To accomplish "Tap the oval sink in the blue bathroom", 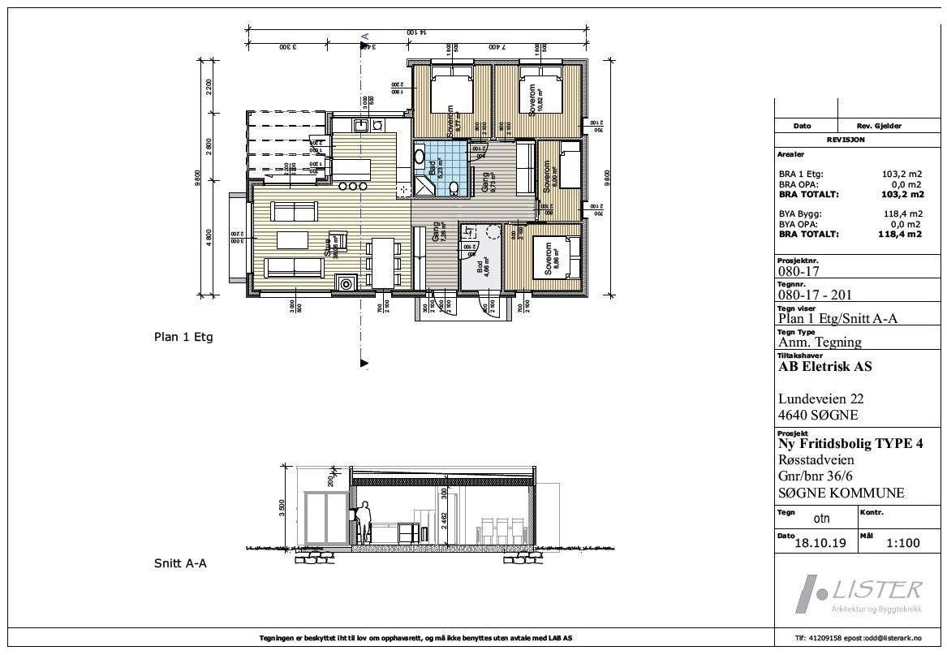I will (x=420, y=156).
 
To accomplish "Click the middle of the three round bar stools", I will (x=353, y=186).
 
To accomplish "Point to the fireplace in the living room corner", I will (x=347, y=284).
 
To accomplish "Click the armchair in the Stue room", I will (x=337, y=240).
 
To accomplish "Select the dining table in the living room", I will (x=382, y=262).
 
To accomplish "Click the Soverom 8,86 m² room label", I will (x=549, y=257).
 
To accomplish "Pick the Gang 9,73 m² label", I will (x=489, y=179).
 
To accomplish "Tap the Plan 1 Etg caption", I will (x=183, y=337).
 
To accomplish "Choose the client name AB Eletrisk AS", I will (x=824, y=367).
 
